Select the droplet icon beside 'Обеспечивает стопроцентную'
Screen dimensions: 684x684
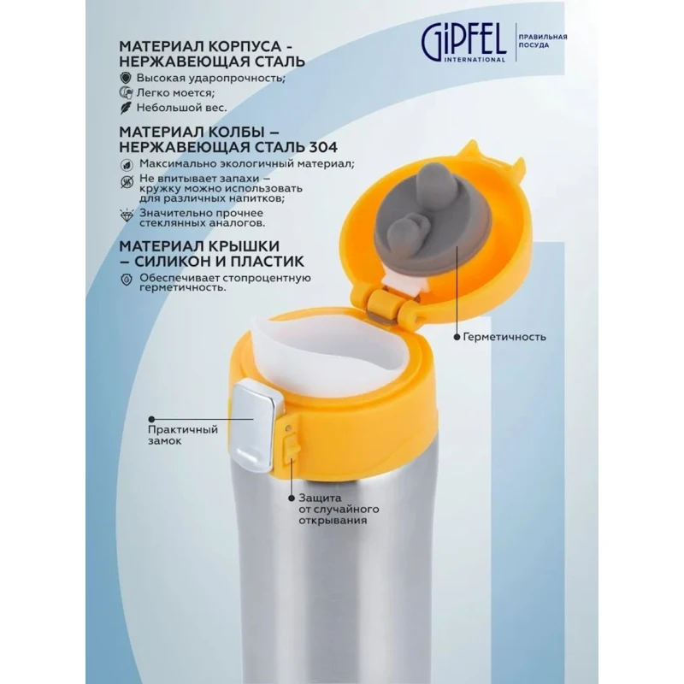click(x=126, y=279)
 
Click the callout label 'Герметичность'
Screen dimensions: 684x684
click(x=504, y=337)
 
